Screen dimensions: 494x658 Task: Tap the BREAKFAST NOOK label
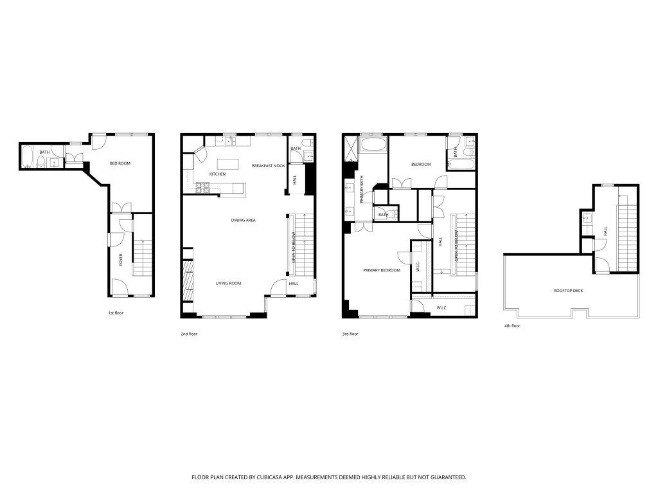pyautogui.click(x=269, y=166)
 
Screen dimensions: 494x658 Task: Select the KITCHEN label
pyautogui.click(x=217, y=174)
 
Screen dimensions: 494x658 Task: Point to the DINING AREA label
pyautogui.click(x=244, y=221)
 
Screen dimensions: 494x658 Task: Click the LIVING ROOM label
pyautogui.click(x=227, y=283)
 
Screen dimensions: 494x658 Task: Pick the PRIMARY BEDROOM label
pyautogui.click(x=382, y=270)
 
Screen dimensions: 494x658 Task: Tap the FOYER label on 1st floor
pyautogui.click(x=120, y=260)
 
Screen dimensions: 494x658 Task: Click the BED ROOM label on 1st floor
pyautogui.click(x=120, y=163)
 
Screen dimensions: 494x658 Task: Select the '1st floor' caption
pyautogui.click(x=116, y=313)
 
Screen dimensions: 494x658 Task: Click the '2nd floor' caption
pyautogui.click(x=189, y=334)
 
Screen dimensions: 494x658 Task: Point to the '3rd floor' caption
pyautogui.click(x=350, y=334)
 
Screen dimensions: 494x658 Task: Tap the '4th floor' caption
pyautogui.click(x=512, y=326)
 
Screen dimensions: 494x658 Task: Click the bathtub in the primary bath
pyautogui.click(x=373, y=145)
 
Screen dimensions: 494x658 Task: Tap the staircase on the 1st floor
pyautogui.click(x=142, y=257)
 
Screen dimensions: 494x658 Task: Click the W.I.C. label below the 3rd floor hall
pyautogui.click(x=442, y=308)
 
